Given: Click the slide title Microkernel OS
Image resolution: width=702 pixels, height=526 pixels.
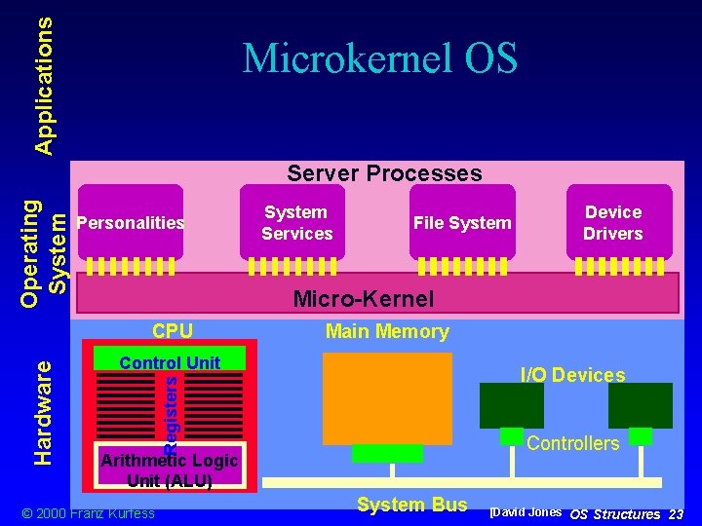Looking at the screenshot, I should point(379,58).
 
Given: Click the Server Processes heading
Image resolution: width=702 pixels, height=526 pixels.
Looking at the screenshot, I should point(384,173).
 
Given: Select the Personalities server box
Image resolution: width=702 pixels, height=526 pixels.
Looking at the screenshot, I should point(130,223).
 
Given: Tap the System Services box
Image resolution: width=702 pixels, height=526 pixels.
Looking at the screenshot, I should point(296,222).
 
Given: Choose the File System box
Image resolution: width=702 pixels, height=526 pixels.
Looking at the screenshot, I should point(462,223).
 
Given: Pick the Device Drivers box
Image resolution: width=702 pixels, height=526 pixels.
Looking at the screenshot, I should point(612,222).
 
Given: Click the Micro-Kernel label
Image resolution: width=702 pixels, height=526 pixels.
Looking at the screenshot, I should point(364,298).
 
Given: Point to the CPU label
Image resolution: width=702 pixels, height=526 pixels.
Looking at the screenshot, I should point(173,331).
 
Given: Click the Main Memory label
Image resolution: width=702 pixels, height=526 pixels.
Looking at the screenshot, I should point(387,332).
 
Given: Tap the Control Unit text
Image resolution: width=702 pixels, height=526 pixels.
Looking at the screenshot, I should point(170,362).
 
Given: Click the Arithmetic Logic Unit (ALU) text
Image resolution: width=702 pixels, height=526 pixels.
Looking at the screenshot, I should point(170,470).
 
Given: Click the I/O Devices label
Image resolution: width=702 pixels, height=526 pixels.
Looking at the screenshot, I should point(572,375).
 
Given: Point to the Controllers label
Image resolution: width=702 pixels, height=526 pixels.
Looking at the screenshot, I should point(572,443).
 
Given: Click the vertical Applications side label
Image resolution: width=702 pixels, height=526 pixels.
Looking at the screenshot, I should point(44,78).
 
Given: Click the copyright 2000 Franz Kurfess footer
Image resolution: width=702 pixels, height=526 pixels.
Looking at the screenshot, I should point(88,513).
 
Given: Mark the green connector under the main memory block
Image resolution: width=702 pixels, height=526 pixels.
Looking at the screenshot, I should point(387,453).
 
